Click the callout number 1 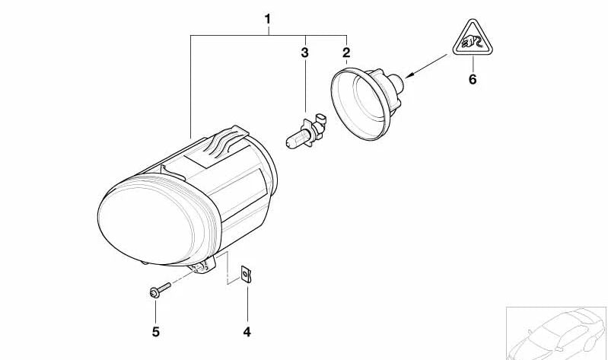coord(267,17)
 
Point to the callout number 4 coord(247,332)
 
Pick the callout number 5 coord(155,332)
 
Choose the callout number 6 coord(473,78)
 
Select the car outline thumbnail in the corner coord(555,333)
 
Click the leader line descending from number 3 coord(304,88)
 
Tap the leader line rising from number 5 coord(155,311)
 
